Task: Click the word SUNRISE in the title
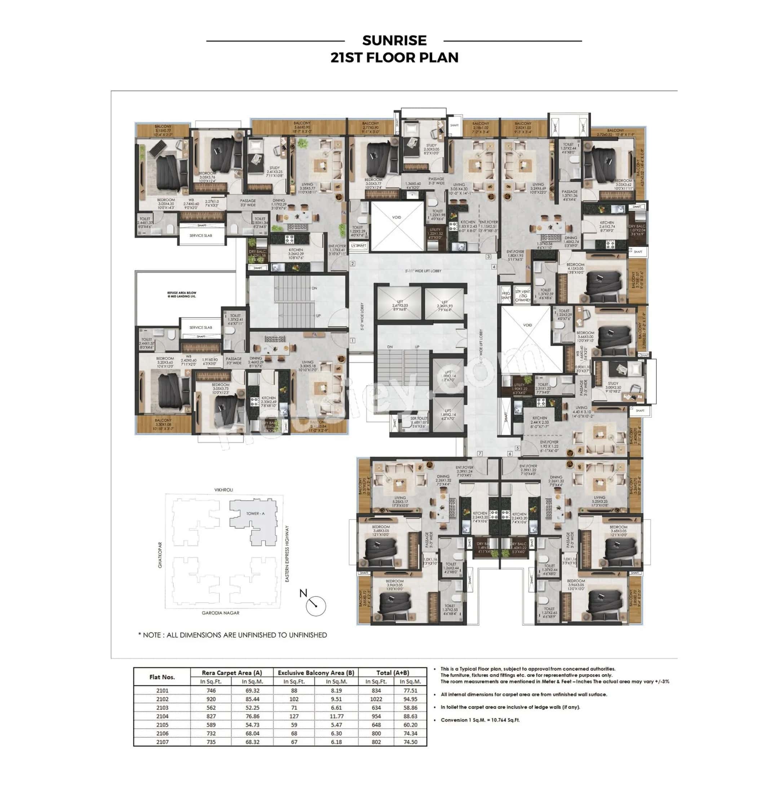click(x=394, y=40)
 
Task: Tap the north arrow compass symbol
click(x=315, y=605)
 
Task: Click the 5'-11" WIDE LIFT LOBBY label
click(x=422, y=271)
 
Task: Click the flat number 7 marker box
click(x=479, y=453)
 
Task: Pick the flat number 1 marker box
click(x=352, y=341)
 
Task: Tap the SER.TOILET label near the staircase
click(x=418, y=420)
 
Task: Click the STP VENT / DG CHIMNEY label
click(x=522, y=296)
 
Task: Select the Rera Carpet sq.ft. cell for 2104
click(x=211, y=716)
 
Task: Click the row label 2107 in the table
click(x=162, y=742)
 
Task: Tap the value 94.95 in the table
click(x=410, y=699)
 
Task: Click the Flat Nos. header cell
click(x=162, y=677)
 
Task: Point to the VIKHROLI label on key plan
click(x=223, y=490)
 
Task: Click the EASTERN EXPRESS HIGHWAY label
click(x=287, y=553)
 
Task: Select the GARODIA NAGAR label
click(x=220, y=613)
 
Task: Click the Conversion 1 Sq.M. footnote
click(x=479, y=720)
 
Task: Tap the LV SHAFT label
click(x=358, y=246)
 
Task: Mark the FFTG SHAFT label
click(x=506, y=295)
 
